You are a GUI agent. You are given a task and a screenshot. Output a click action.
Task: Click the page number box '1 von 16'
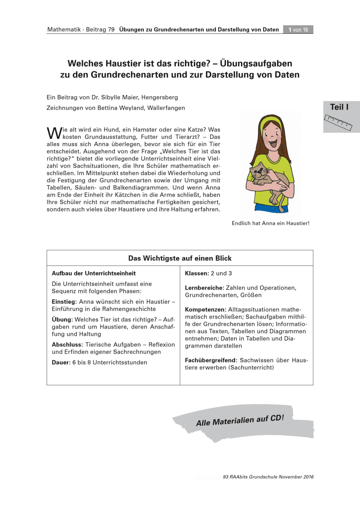tap(298, 29)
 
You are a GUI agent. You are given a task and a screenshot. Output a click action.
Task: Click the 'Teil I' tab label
tap(339, 107)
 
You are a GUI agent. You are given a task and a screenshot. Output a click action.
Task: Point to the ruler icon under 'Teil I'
tap(339, 121)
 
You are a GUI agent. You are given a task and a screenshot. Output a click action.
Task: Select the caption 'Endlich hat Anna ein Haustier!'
tap(270, 223)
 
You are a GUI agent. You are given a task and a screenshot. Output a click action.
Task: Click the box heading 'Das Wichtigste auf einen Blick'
tap(180, 258)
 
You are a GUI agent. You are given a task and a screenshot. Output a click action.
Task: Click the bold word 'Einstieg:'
tap(64, 302)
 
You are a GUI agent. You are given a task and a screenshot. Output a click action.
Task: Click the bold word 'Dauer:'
tap(61, 362)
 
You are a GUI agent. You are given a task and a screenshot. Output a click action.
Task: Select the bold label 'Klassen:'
tap(197, 274)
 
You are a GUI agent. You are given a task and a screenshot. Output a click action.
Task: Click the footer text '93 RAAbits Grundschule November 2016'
tap(268, 477)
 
